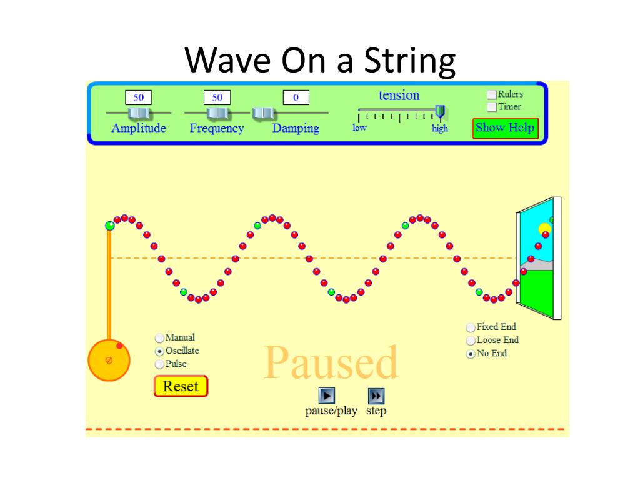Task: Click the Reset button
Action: (x=181, y=386)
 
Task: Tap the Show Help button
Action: (x=505, y=127)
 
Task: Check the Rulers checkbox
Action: (x=492, y=94)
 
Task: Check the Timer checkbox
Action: (x=492, y=107)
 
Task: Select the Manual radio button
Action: (x=159, y=338)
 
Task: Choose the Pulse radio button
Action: (x=159, y=364)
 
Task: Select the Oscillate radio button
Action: (x=159, y=351)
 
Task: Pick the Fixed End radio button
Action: (x=471, y=327)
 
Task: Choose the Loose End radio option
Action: (x=471, y=341)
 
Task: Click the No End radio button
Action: (x=471, y=354)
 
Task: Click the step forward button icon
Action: (x=376, y=396)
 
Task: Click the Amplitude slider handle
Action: (x=138, y=112)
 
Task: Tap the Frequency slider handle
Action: (x=217, y=112)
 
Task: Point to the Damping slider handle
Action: (x=263, y=112)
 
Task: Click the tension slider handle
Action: (x=440, y=112)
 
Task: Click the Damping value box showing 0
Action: (x=296, y=97)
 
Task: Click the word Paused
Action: (x=331, y=363)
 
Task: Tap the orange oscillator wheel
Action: (x=109, y=361)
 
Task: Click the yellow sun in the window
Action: (x=544, y=229)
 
